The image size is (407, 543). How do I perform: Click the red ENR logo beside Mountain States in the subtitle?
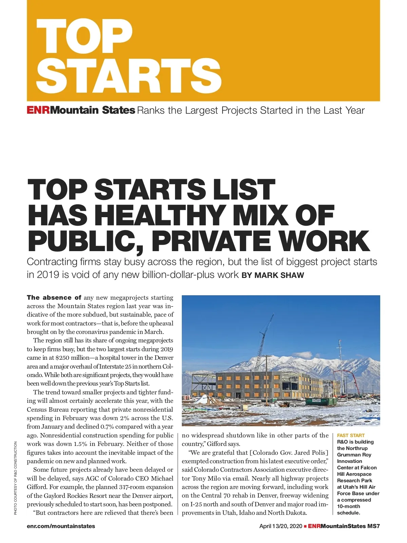pyautogui.click(x=38, y=110)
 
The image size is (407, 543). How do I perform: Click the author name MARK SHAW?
pyautogui.click(x=279, y=275)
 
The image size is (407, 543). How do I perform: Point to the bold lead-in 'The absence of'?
pyautogui.click(x=54, y=298)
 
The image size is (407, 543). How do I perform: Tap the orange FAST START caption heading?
pyautogui.click(x=351, y=435)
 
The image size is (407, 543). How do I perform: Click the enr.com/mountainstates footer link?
pyautogui.click(x=61, y=526)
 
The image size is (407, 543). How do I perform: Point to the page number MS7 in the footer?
pyautogui.click(x=373, y=526)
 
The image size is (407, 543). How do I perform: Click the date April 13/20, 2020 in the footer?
pyautogui.click(x=280, y=526)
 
